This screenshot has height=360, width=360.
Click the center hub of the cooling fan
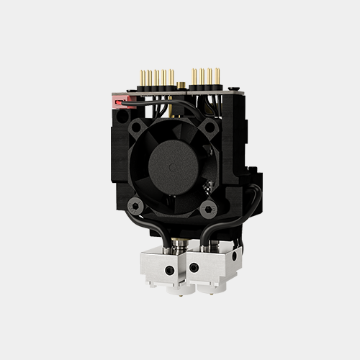click(173, 165)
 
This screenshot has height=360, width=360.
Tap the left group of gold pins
click(156, 78)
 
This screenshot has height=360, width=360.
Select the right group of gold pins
click(204, 77)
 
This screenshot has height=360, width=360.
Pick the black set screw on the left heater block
click(169, 269)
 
